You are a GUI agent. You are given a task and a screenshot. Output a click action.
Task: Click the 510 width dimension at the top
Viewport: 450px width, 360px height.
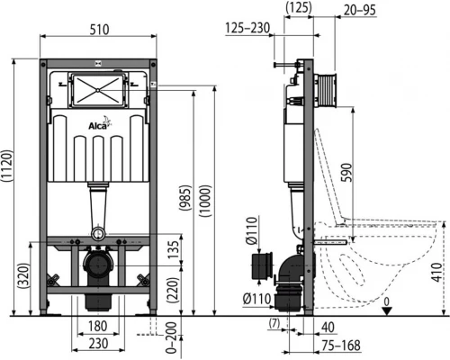101,29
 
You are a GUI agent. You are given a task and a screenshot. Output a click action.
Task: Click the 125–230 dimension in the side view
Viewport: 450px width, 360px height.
247,29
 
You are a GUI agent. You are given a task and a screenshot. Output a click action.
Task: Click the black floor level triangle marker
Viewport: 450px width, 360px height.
386,310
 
